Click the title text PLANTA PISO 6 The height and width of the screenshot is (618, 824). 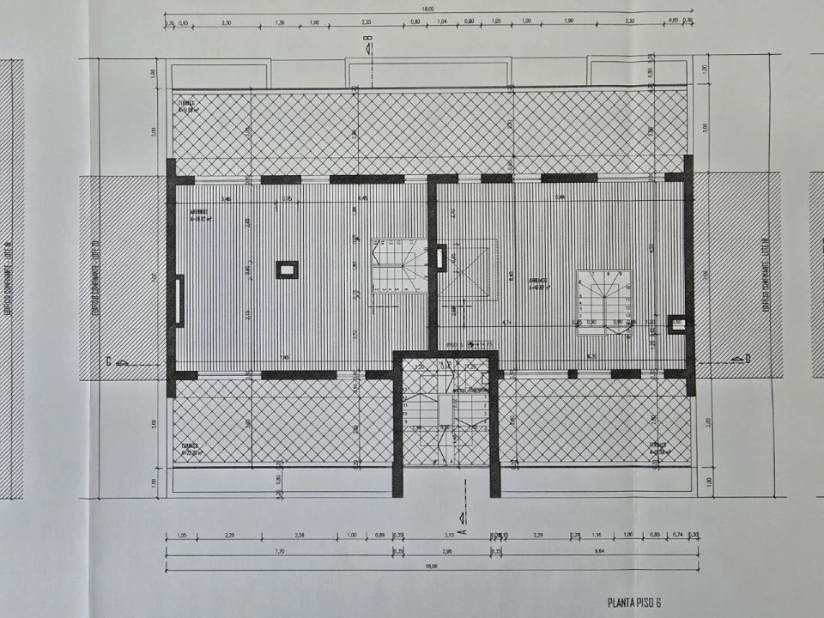click(x=634, y=603)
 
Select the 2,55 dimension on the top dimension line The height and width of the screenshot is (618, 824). click(x=366, y=22)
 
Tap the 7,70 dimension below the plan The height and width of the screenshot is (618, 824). click(x=279, y=551)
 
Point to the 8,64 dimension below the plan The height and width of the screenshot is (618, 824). click(x=599, y=551)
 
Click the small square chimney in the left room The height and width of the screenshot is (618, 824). click(x=287, y=270)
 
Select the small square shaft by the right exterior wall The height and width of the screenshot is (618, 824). click(x=676, y=324)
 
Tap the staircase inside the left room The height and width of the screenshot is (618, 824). click(x=398, y=267)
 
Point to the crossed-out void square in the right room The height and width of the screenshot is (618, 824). click(x=468, y=270)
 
